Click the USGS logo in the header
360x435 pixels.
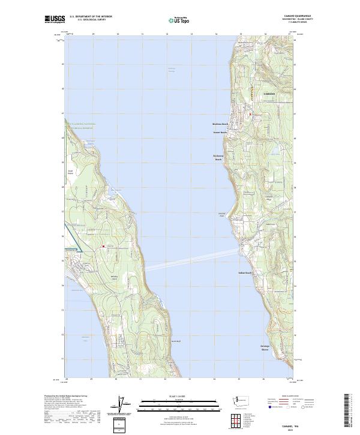pyautogui.click(x=55, y=19)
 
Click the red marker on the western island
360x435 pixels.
pyautogui.click(x=103, y=246)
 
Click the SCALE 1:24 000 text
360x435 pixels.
pyautogui.click(x=172, y=396)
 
